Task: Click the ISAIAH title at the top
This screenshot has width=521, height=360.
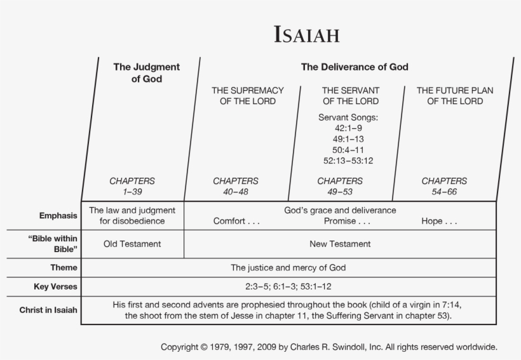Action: click(x=306, y=34)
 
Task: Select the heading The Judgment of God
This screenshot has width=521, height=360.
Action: click(x=146, y=72)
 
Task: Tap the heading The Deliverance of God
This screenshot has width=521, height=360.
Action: click(x=355, y=67)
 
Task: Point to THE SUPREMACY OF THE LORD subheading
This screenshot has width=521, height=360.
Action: click(x=248, y=96)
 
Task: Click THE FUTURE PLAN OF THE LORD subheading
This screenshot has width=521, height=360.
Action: click(x=455, y=96)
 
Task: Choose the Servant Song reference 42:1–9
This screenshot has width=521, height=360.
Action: click(x=350, y=128)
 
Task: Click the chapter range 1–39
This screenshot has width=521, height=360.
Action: click(x=132, y=191)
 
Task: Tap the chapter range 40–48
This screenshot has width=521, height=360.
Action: click(x=236, y=191)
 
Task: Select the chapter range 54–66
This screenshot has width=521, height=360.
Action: click(x=444, y=191)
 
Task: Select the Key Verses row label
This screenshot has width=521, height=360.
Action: click(x=55, y=287)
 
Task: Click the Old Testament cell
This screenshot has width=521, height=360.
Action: click(x=132, y=244)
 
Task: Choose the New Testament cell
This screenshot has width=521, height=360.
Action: click(x=340, y=244)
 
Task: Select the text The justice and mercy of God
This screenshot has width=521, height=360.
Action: click(x=288, y=268)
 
